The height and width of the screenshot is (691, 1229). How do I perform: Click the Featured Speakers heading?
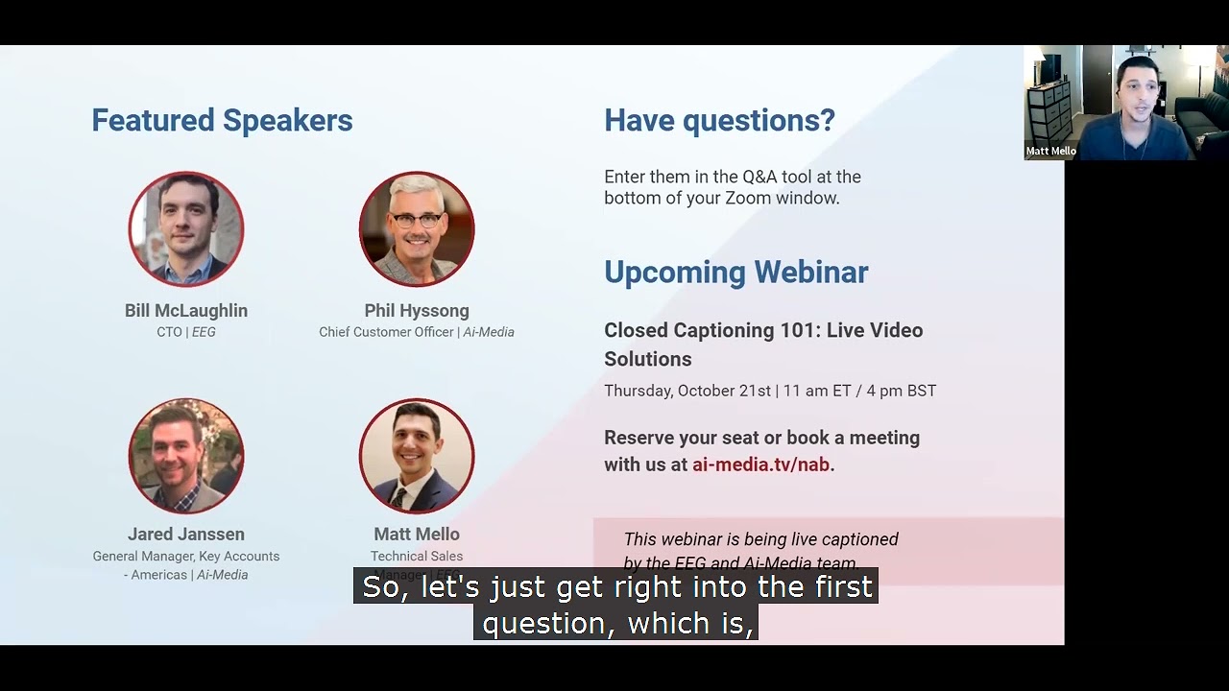222,121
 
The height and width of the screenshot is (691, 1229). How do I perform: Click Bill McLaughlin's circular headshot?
186,228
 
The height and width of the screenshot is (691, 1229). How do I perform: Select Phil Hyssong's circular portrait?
417,228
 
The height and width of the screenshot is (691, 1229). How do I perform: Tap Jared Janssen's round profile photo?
186,456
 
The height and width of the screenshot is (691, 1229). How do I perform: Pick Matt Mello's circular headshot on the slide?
417,456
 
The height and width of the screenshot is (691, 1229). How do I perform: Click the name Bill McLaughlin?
186,311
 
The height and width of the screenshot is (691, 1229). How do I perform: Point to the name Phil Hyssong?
417,311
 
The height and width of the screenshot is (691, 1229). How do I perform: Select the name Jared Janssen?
186,535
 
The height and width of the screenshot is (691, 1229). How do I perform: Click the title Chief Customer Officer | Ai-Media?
417,332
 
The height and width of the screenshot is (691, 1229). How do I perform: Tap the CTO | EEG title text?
186,332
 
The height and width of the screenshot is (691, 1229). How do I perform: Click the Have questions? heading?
719,121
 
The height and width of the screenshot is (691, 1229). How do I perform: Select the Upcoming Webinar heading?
735,273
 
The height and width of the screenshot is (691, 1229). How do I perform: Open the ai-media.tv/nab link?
760,465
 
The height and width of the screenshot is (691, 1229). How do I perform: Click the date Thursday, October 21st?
687,391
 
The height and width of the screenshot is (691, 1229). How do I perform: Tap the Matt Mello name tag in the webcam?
1050,152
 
